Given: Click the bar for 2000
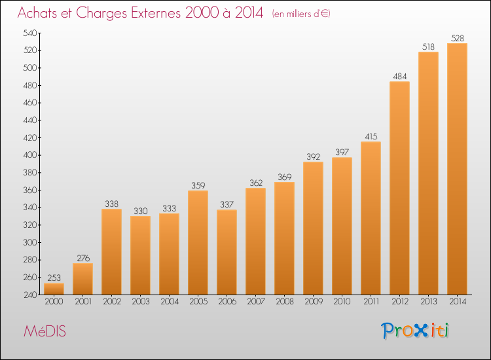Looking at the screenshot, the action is pyautogui.click(x=54, y=289).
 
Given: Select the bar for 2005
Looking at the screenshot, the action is pyautogui.click(x=198, y=243).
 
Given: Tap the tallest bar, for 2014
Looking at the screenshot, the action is pyautogui.click(x=457, y=169).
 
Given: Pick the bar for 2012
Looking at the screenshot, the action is pyautogui.click(x=399, y=188).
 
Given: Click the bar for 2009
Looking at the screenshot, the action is pyautogui.click(x=313, y=228).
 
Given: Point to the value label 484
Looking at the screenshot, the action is pyautogui.click(x=400, y=77).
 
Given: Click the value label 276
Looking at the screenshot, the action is pyautogui.click(x=83, y=259).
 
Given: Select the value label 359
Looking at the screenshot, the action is pyautogui.click(x=198, y=186).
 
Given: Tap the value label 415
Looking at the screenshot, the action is pyautogui.click(x=371, y=137).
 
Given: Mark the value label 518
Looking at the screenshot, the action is pyautogui.click(x=428, y=47).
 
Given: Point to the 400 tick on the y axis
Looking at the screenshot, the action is pyautogui.click(x=29, y=155).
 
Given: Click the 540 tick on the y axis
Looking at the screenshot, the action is pyautogui.click(x=29, y=33).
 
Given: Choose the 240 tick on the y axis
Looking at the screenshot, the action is pyautogui.click(x=30, y=295).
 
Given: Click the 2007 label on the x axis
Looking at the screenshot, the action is pyautogui.click(x=256, y=302).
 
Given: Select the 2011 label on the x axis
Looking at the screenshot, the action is pyautogui.click(x=371, y=302).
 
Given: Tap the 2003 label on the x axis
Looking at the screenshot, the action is pyautogui.click(x=141, y=302).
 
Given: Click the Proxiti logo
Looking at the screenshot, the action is pyautogui.click(x=415, y=331).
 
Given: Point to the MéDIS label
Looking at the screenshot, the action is pyautogui.click(x=45, y=331).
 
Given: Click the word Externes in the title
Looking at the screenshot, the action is pyautogui.click(x=156, y=13).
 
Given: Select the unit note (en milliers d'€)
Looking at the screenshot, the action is pyautogui.click(x=301, y=14).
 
